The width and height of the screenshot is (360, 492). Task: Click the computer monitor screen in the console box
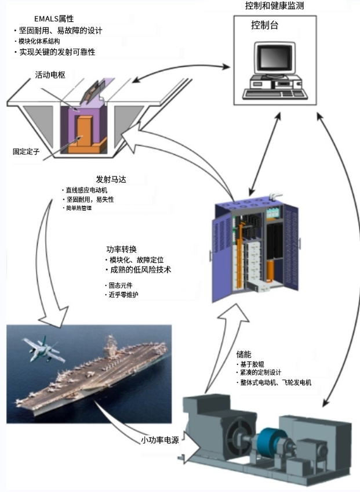[274, 59]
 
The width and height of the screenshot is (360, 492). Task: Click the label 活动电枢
[50, 74]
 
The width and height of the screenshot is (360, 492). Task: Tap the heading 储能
[243, 354]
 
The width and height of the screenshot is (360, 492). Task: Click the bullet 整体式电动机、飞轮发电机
[275, 383]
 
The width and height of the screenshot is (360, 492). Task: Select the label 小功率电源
[160, 440]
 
